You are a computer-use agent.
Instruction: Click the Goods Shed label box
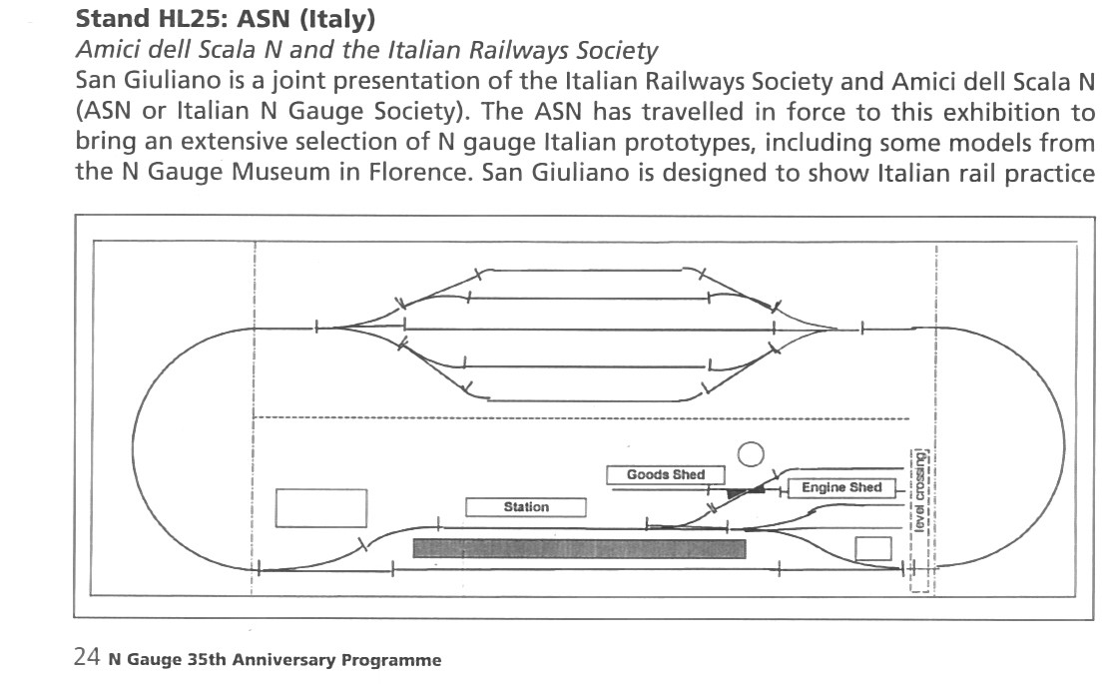(x=665, y=475)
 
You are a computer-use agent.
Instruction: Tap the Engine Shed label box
(x=841, y=488)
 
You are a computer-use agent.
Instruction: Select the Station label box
(x=526, y=507)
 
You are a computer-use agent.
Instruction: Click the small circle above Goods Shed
(x=751, y=454)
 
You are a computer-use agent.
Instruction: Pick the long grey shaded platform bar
(x=579, y=548)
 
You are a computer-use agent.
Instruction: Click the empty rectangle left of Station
(x=320, y=507)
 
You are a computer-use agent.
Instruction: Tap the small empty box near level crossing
(x=873, y=548)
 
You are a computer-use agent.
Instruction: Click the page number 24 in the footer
(x=86, y=658)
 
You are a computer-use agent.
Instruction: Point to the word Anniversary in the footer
(x=301, y=660)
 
